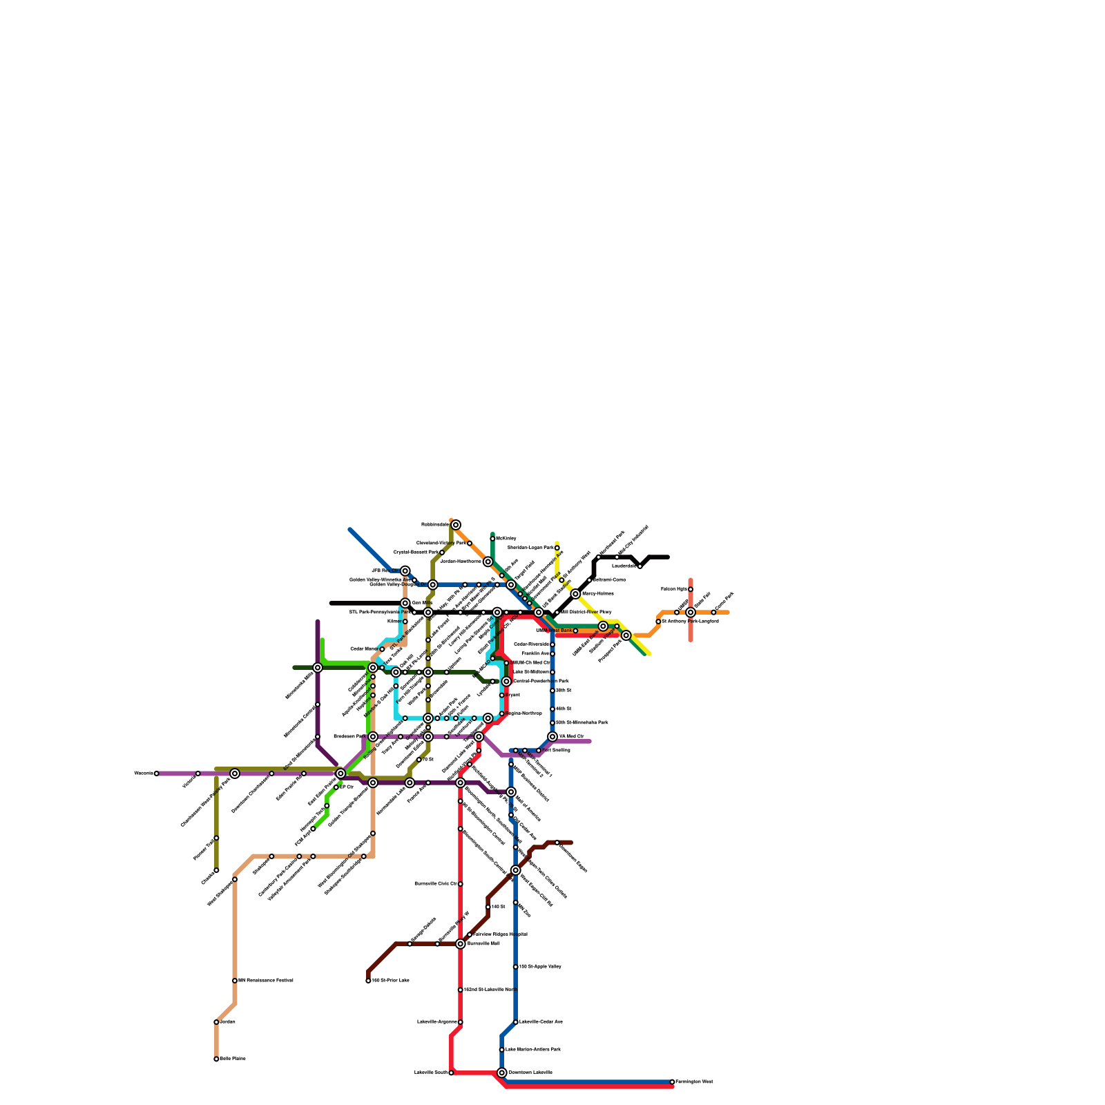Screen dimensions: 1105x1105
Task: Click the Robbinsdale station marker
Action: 456,525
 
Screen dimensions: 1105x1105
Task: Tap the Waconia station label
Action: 143,773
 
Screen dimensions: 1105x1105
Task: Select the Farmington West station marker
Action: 672,1082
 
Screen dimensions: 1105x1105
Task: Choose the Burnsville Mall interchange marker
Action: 461,943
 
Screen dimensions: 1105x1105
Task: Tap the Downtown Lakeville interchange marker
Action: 502,1073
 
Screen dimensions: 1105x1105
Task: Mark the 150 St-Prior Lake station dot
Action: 368,981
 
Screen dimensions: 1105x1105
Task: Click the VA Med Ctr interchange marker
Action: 552,737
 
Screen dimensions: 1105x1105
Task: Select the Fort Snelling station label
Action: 557,750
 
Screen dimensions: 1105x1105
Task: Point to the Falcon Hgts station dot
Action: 691,589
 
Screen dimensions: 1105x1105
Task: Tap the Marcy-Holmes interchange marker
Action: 575,594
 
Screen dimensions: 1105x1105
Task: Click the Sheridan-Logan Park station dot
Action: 557,548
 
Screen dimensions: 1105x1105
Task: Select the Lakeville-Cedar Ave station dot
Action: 516,1022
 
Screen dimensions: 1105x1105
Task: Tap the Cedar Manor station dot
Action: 382,649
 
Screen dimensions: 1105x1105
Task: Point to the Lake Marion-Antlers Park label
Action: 533,1050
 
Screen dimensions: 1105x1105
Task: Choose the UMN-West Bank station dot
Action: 575,631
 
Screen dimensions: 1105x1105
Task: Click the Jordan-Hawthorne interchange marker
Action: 488,561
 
